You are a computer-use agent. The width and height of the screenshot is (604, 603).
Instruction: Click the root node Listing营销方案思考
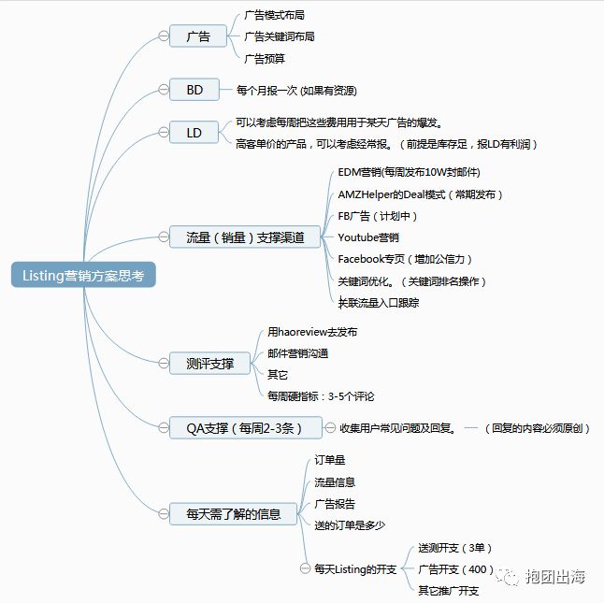click(83, 275)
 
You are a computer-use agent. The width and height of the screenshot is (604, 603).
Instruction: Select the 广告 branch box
click(198, 36)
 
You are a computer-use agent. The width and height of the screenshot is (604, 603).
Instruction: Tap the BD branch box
click(194, 90)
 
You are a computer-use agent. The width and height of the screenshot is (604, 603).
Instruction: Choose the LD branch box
click(194, 133)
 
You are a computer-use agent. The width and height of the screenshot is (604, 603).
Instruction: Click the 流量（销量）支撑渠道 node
click(238, 237)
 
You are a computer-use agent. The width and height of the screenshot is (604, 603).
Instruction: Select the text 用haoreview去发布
click(312, 332)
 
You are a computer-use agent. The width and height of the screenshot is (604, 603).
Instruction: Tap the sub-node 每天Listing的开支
click(355, 568)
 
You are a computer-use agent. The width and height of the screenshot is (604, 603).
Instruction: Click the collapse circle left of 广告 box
click(164, 36)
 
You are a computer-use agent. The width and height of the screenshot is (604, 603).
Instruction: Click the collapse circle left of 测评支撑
click(164, 362)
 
